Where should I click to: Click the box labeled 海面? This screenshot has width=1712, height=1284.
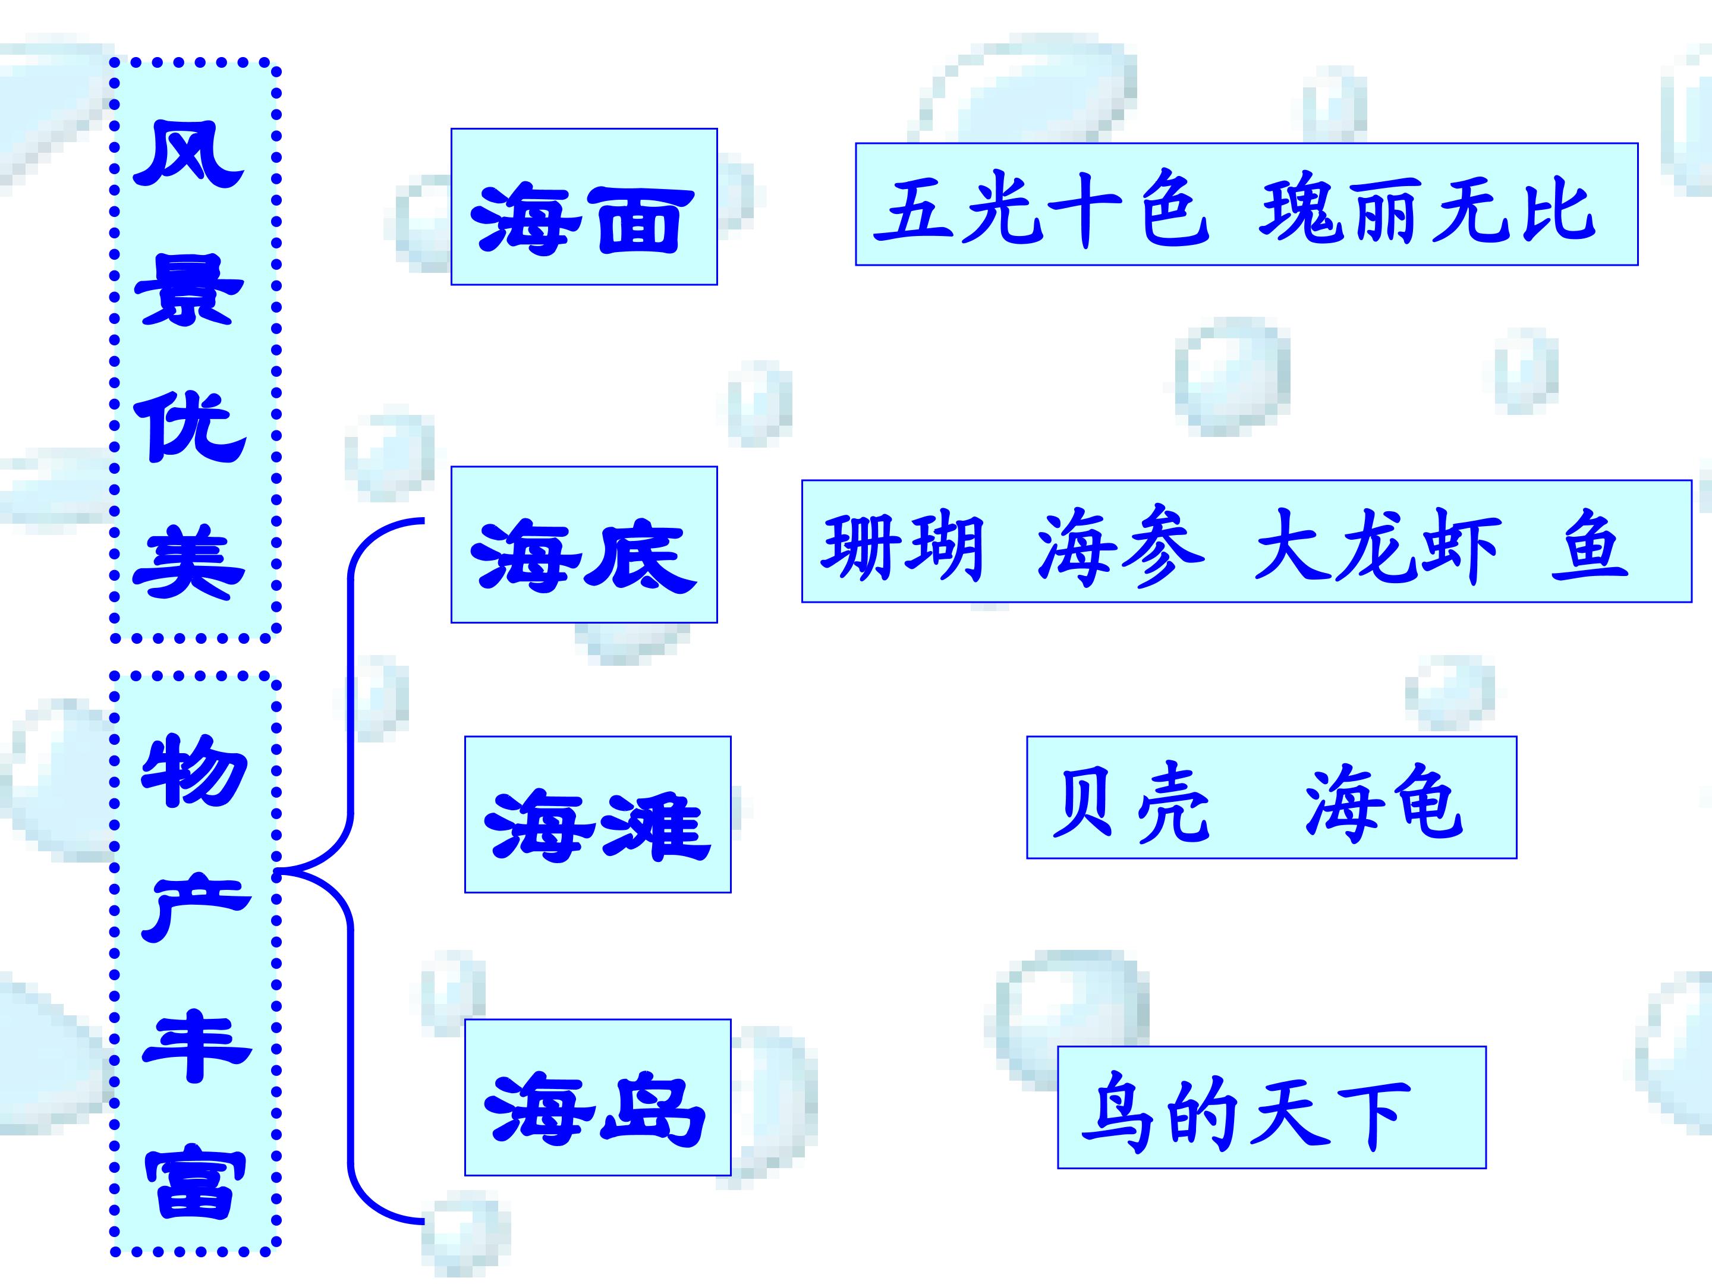click(584, 207)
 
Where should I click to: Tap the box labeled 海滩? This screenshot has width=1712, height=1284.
click(597, 815)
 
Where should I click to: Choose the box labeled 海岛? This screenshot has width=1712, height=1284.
click(597, 1097)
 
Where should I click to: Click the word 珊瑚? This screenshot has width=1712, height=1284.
click(902, 547)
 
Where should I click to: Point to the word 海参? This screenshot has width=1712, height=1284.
click(1120, 547)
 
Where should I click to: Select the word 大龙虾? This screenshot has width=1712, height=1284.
click(1378, 547)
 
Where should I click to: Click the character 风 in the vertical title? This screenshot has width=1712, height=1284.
click(188, 153)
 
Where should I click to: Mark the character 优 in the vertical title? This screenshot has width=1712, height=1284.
click(190, 427)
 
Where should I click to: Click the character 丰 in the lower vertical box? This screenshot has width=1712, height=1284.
click(196, 1046)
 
